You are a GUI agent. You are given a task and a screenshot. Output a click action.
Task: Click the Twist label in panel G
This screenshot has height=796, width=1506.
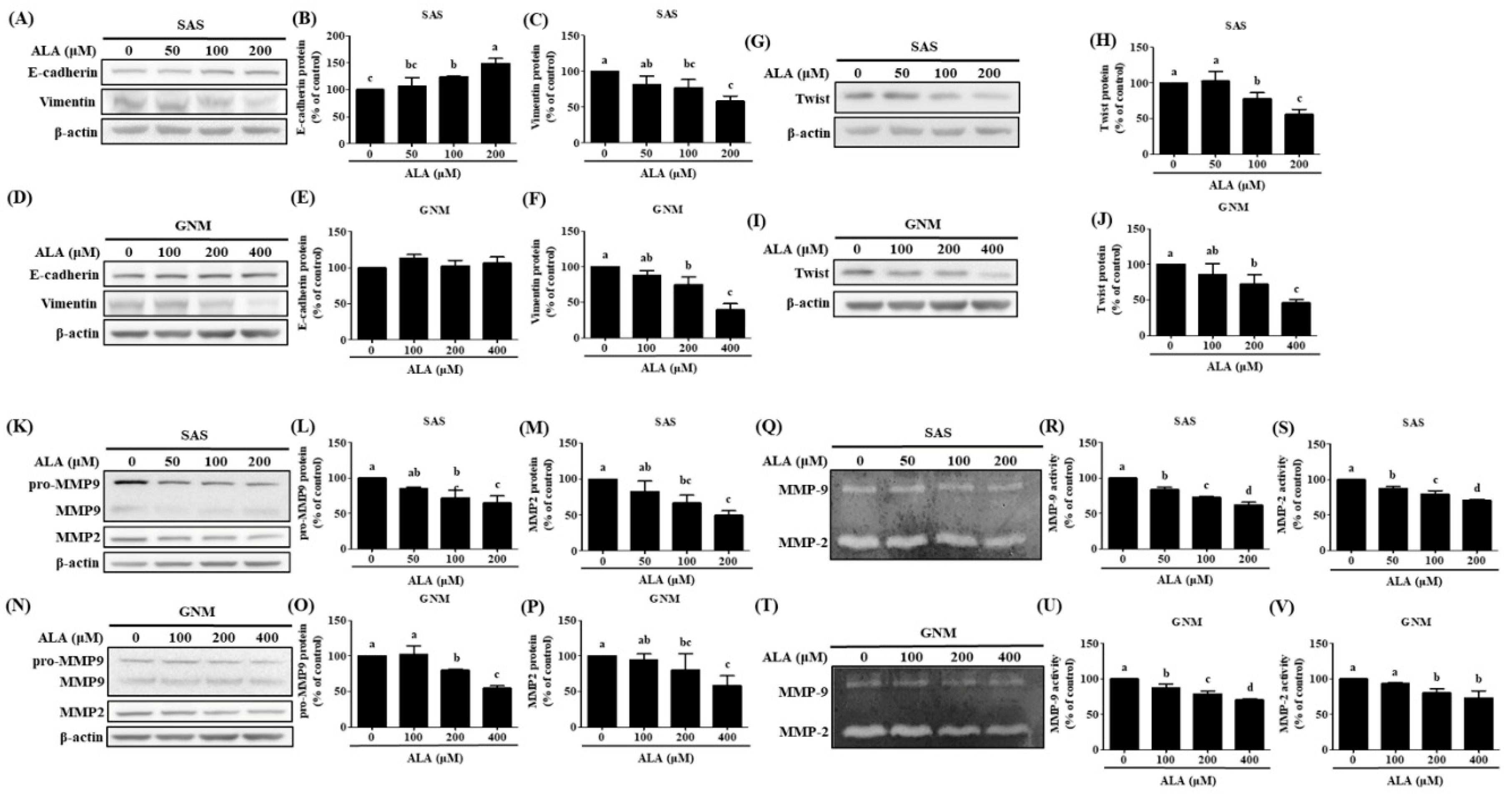813,99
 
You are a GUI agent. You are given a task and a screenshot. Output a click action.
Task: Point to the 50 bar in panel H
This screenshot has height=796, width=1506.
1215,117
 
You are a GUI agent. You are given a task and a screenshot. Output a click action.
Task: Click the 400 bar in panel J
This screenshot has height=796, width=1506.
1296,319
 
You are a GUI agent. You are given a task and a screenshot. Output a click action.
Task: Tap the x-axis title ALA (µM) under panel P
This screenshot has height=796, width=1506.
665,758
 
